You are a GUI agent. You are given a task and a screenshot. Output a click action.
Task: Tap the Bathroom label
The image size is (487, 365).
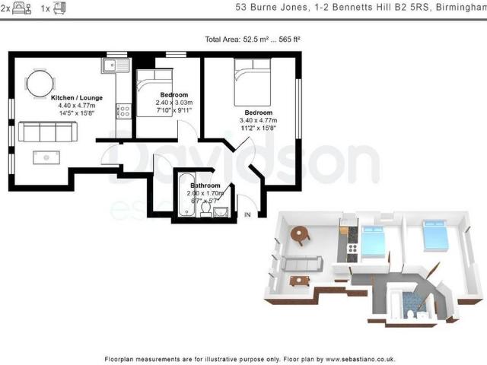click(205, 186)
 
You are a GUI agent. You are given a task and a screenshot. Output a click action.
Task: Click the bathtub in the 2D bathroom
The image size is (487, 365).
click(186, 194)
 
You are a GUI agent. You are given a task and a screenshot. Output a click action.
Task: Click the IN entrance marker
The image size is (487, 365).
click(247, 215)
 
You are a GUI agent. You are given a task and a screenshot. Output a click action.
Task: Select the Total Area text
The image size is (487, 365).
click(256, 39)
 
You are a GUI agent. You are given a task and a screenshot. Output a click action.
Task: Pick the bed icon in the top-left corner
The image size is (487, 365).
click(21, 9)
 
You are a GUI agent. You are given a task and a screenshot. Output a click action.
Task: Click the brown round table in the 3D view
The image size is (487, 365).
click(301, 233)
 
